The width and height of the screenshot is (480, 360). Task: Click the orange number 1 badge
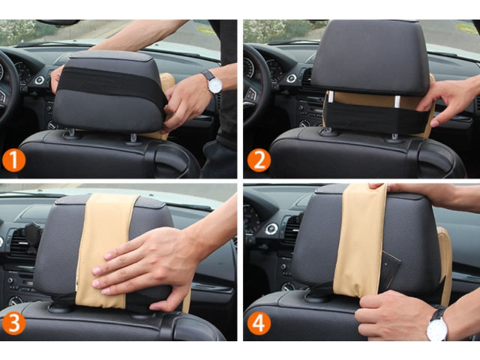coord(13,160)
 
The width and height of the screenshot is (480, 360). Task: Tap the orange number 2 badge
coord(259,160)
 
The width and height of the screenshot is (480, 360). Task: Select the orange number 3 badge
coord(13,323)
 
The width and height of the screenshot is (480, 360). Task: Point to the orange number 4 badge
coord(259,323)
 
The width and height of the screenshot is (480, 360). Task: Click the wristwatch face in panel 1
coord(214,85)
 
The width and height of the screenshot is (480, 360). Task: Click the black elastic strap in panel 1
coord(112,82)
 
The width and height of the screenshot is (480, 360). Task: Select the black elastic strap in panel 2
coord(375,118)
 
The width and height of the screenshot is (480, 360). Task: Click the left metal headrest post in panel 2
coord(330,97)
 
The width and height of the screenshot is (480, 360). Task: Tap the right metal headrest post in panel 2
coord(397,102)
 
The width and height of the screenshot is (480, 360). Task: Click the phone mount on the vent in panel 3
coord(32,236)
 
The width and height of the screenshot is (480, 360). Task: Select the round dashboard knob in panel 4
coord(271,229)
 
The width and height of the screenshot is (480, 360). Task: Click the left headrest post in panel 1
coord(70,133)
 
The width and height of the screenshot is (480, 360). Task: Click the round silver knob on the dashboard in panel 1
coord(40,80)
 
